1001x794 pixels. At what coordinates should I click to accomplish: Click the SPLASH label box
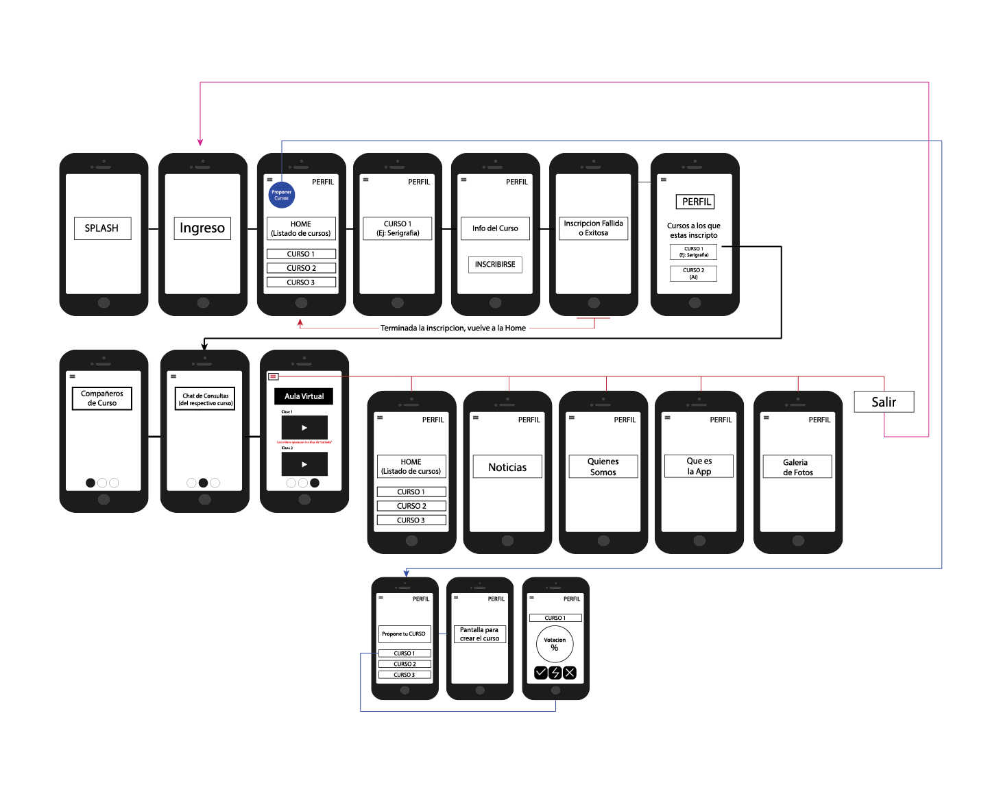102,228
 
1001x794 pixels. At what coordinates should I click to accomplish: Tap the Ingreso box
202,228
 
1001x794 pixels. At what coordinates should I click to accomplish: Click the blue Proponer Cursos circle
282,195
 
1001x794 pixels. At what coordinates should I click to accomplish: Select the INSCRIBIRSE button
495,265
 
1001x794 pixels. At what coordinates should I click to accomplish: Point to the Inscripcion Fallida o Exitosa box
594,228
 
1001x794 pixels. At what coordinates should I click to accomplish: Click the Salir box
884,402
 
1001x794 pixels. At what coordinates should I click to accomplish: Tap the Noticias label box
507,467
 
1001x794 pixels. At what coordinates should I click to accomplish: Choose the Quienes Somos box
603,467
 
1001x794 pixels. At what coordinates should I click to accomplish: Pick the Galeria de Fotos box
797,467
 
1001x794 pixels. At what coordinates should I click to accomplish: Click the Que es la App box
699,466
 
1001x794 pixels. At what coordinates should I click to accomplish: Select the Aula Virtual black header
304,396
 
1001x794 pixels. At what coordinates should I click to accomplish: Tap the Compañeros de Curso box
102,398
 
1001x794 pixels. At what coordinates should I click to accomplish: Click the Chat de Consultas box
206,399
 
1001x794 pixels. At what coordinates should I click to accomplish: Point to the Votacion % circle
555,644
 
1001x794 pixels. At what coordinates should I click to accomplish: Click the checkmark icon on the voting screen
541,673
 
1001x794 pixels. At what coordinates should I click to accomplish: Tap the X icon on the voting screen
570,673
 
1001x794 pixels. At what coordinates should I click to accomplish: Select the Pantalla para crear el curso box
480,634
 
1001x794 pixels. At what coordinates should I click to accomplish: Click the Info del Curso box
495,228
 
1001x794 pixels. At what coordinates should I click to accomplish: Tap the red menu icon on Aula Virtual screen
274,376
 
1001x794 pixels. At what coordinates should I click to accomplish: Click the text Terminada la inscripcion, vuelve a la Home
453,328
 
